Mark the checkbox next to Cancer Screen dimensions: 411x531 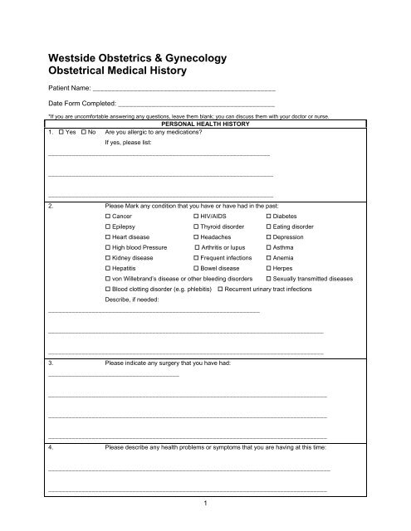click(109, 215)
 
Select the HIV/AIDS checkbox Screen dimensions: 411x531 click(195, 215)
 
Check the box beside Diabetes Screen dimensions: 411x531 click(267, 215)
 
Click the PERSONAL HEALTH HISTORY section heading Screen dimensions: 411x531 click(205, 124)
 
